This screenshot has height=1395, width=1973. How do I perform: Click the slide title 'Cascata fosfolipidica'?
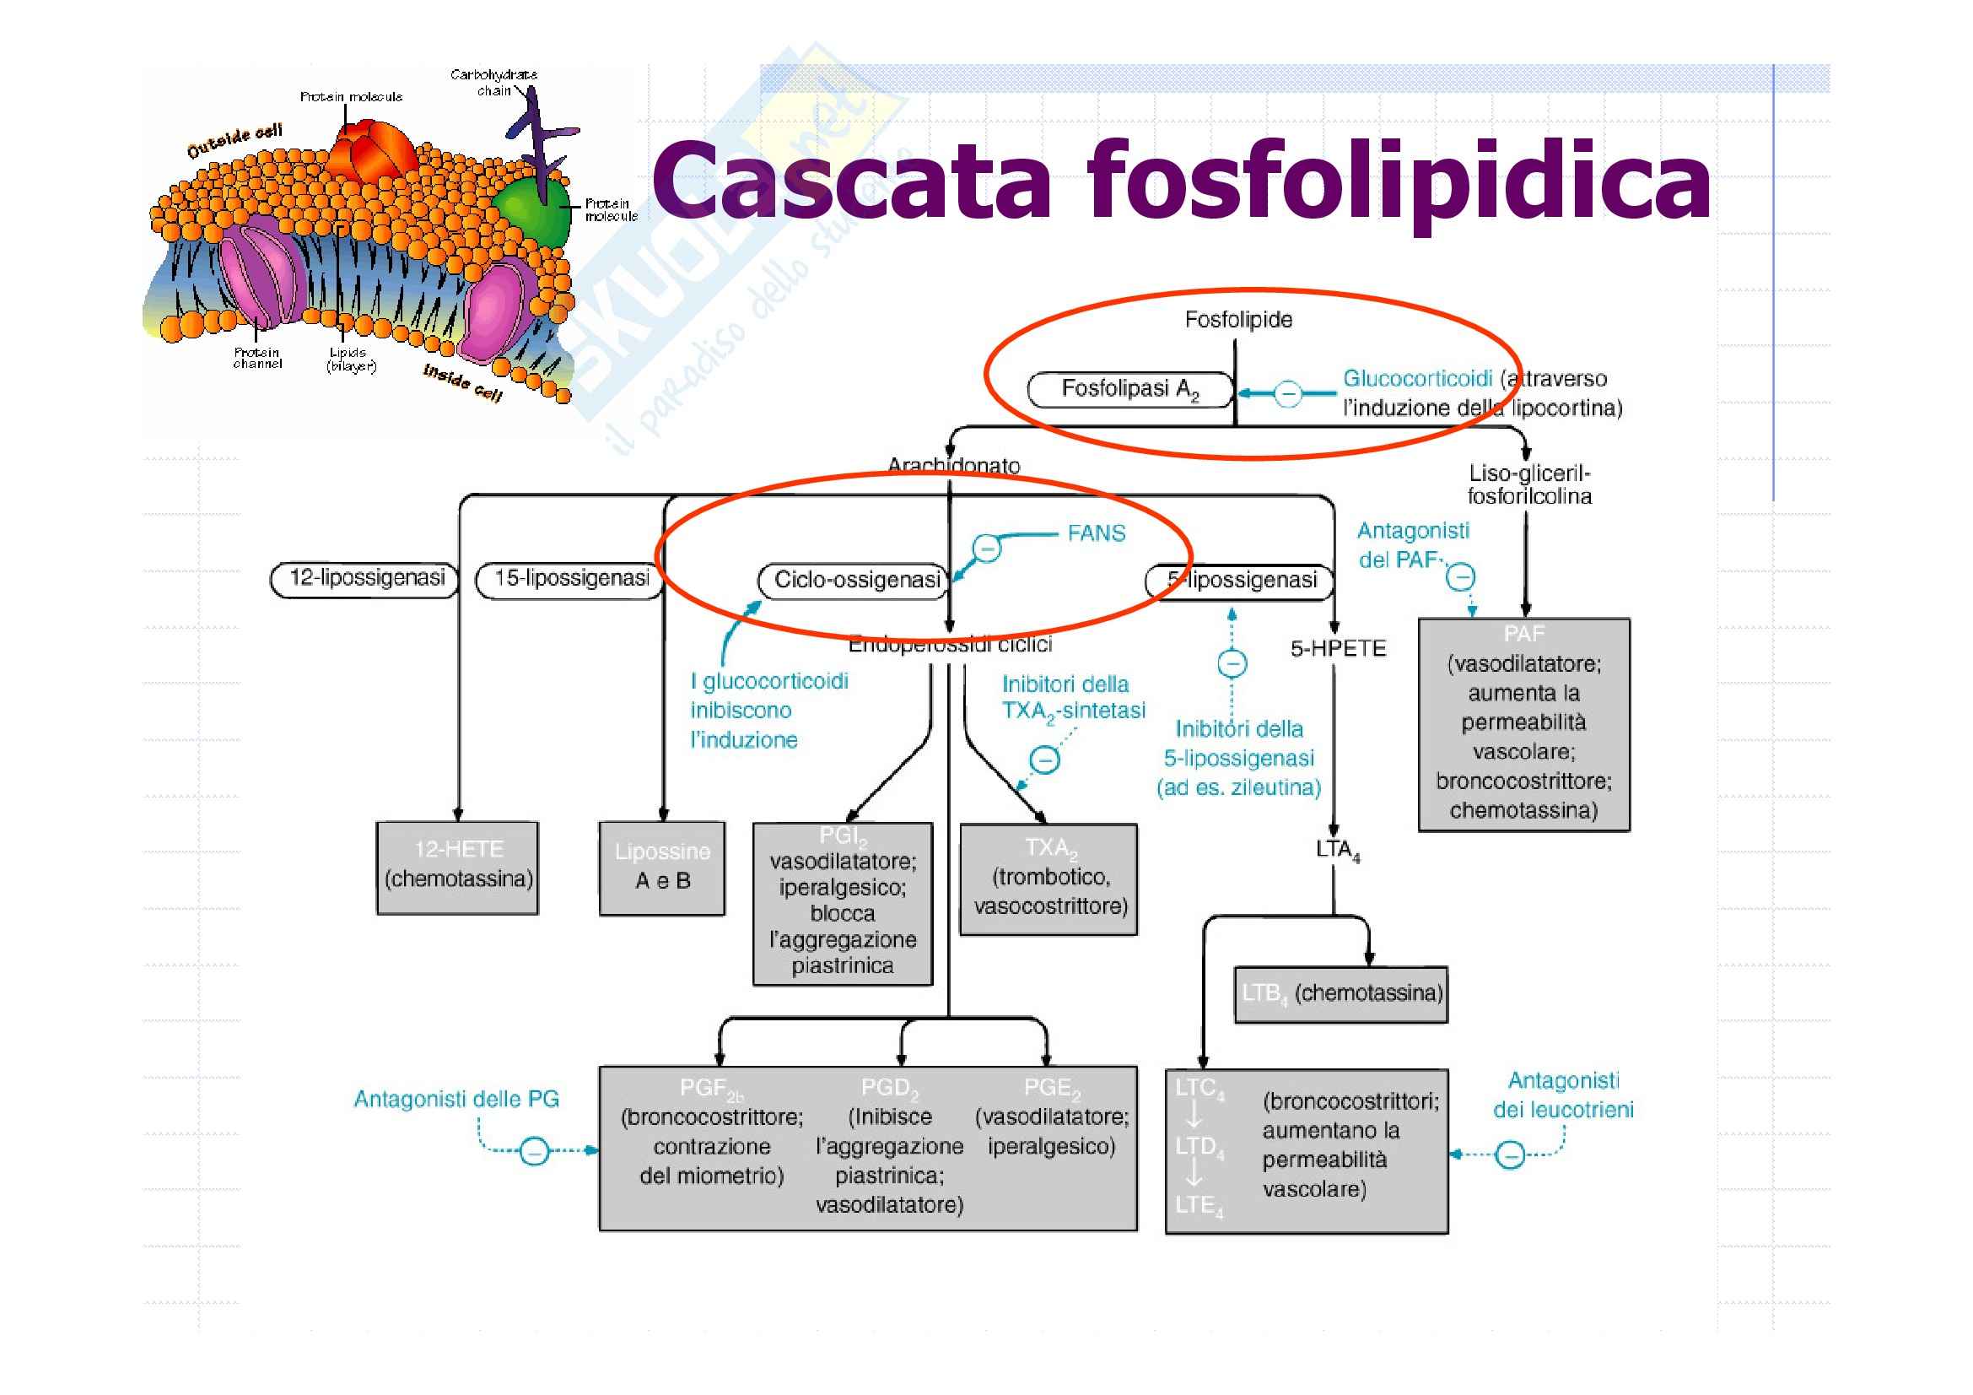1181,182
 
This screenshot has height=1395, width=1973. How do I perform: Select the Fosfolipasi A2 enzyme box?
1130,389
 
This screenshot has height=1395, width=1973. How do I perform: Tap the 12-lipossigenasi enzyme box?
365,578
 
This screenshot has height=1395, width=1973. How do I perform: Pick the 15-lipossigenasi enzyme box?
569,579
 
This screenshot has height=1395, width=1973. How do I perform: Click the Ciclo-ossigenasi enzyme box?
854,580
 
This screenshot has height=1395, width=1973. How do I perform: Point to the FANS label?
1096,533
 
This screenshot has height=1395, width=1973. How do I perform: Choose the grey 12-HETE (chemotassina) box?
458,868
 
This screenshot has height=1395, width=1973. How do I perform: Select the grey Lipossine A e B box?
661,868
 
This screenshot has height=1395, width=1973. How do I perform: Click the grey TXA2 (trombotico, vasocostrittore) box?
1049,879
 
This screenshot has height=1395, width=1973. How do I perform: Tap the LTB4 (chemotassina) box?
1340,994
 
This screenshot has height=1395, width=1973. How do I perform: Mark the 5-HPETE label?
1338,649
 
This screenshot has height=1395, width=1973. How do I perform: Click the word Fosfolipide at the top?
1238,321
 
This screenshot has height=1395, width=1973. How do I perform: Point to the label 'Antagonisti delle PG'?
456,1100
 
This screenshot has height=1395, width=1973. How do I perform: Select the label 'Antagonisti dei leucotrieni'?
1563,1095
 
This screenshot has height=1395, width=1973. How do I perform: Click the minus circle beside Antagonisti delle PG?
535,1151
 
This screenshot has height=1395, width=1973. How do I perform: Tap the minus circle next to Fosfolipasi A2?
1287,394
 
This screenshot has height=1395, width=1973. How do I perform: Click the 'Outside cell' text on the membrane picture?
234,142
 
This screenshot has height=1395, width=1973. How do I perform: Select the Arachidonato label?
954,466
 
